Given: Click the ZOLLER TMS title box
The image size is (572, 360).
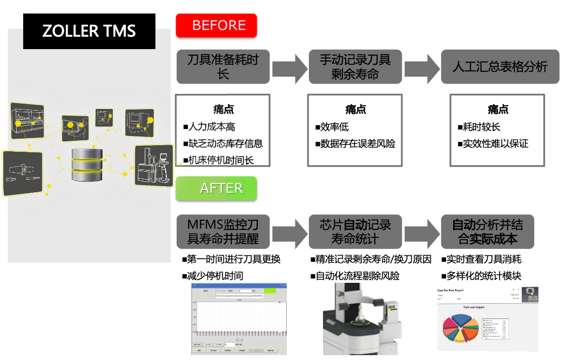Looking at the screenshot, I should coord(89,31).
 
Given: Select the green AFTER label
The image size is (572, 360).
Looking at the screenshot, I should coord(217,188).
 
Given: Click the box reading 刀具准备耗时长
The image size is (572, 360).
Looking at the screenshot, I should coord(223,67).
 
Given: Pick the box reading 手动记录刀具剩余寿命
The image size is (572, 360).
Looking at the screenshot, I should coord(355,67).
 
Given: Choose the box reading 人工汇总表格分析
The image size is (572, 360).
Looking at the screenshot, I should coord(500,67).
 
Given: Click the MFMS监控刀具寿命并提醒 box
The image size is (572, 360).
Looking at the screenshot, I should coord(223,231).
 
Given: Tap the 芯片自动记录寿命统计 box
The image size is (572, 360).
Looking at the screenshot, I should coord(355,231).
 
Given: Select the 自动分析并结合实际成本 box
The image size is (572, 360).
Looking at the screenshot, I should coord(487,231).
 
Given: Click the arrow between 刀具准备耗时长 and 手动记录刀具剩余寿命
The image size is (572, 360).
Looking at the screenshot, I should coord(288,67).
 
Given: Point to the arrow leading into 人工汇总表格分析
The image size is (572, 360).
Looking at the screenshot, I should coord(421,67).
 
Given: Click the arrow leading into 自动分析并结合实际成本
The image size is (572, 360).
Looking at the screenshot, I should coord(421,232).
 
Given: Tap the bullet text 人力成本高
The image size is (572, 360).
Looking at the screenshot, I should coord(211,127).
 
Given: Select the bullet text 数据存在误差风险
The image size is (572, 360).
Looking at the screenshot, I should coord(358,144).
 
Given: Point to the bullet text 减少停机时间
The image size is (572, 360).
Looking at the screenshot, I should coord(214,276).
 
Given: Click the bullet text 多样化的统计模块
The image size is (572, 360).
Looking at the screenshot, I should coord(483,276).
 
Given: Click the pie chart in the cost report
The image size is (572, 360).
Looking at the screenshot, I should coord(460,329).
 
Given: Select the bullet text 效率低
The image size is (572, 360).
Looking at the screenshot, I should coord(334,127).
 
